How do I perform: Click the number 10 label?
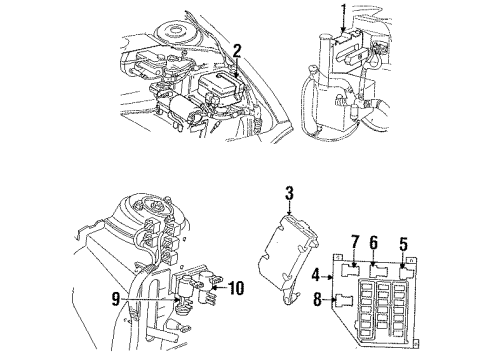237,290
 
